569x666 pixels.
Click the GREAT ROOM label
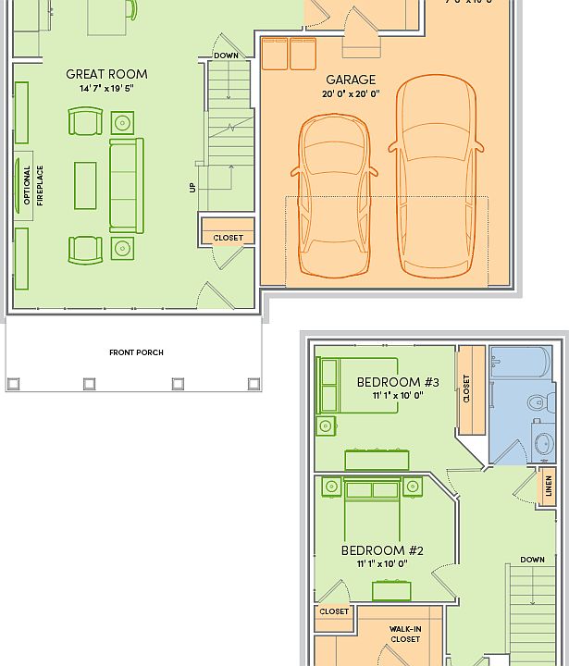pyautogui.click(x=106, y=74)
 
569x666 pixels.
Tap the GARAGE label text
pyautogui.click(x=351, y=80)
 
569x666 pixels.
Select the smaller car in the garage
pyautogui.click(x=334, y=196)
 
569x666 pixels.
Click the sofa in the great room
pyautogui.click(x=127, y=185)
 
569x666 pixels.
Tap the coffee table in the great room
pyautogui.click(x=85, y=185)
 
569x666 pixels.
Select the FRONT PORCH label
pyautogui.click(x=136, y=352)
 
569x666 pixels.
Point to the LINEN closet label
pyautogui.click(x=549, y=485)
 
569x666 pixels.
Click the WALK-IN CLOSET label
pyautogui.click(x=404, y=634)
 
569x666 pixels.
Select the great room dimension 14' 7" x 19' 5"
pyautogui.click(x=106, y=89)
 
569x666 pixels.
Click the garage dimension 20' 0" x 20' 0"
pyautogui.click(x=351, y=94)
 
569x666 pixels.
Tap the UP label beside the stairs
pyautogui.click(x=192, y=187)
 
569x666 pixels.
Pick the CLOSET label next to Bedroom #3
pyautogui.click(x=466, y=388)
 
